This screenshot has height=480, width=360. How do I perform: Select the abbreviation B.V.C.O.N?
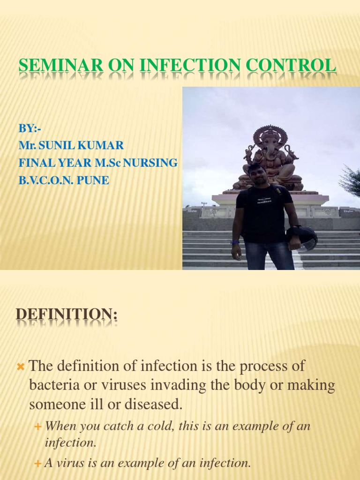tap(45, 180)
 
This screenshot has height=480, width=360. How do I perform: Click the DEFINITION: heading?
tap(67, 313)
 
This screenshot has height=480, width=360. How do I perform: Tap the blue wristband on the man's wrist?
tap(235, 242)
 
